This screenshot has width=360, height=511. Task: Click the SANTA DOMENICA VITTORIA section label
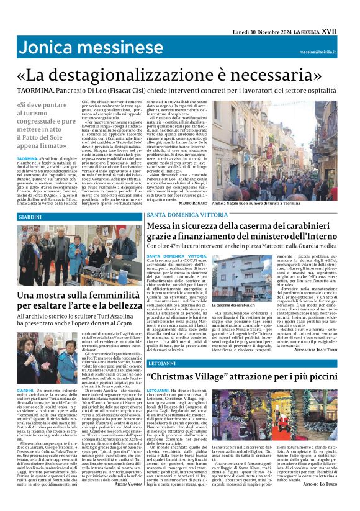(181, 215)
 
